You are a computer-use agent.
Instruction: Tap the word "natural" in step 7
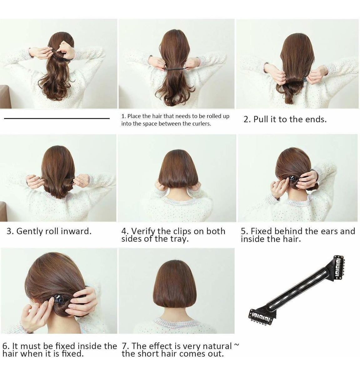[x=217, y=346]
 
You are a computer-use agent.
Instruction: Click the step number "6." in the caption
[x=6, y=346]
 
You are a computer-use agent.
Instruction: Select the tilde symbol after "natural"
[x=236, y=344]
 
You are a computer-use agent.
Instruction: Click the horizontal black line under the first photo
[x=57, y=118]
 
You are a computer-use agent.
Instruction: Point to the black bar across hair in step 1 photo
[x=175, y=68]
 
